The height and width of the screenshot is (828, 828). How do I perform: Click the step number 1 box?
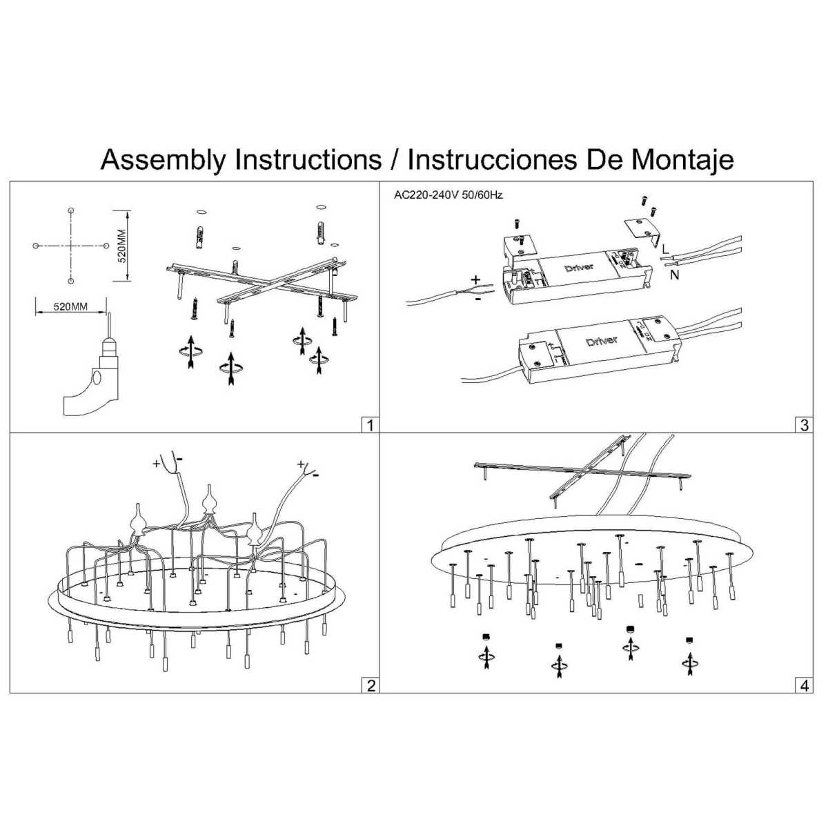371,424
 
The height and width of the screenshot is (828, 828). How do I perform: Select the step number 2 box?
371,685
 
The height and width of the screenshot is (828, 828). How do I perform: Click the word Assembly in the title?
162,160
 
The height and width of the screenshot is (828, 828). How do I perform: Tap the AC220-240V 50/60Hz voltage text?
448,195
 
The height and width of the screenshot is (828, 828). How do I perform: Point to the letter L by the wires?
663,246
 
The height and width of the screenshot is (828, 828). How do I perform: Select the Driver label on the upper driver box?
578,267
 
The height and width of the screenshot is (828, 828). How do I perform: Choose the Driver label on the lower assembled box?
602,342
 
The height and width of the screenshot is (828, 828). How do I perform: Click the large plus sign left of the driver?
476,280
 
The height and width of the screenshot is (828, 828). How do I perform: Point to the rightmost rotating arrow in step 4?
688,663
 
